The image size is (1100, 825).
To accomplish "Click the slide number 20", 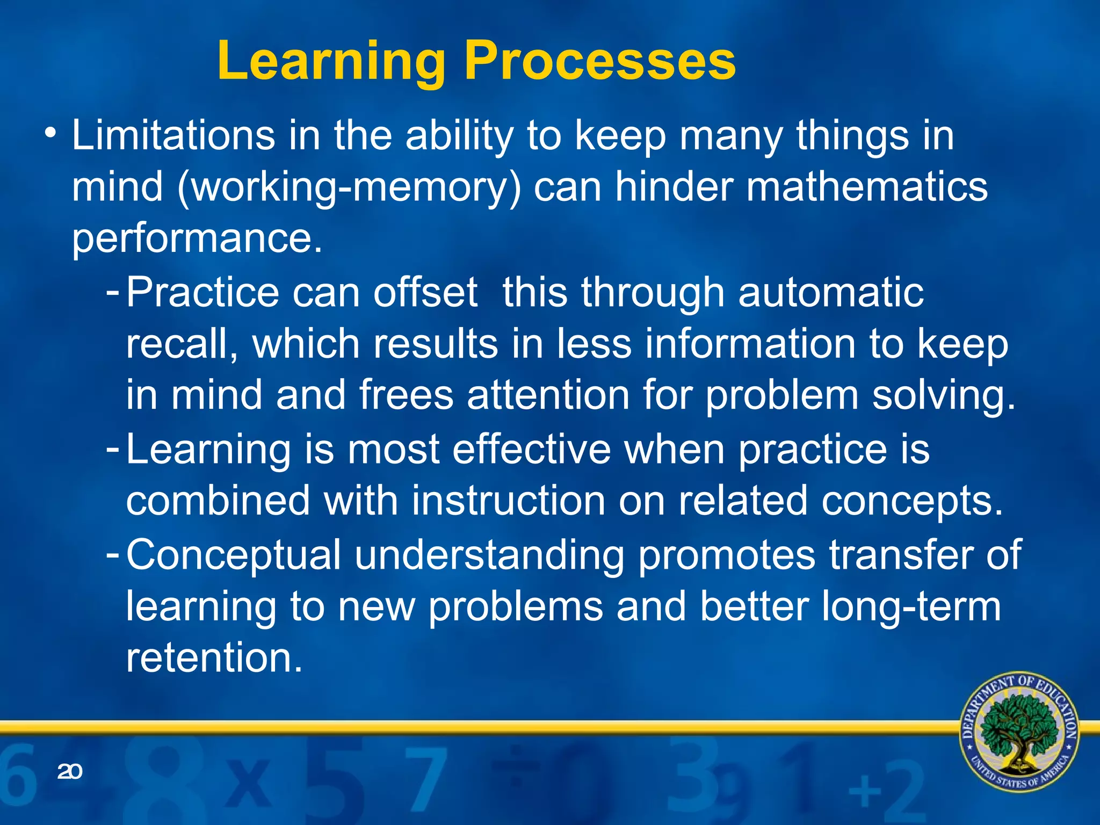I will [69, 772].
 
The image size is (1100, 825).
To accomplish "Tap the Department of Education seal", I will [1019, 732].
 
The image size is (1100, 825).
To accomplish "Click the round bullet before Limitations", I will [50, 132].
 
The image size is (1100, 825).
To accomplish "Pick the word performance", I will [197, 238].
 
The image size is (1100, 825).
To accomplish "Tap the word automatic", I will [831, 292].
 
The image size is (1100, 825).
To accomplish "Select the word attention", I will [548, 395].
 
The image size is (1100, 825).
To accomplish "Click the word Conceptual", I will [233, 554].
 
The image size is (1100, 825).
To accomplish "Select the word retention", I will [214, 657].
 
